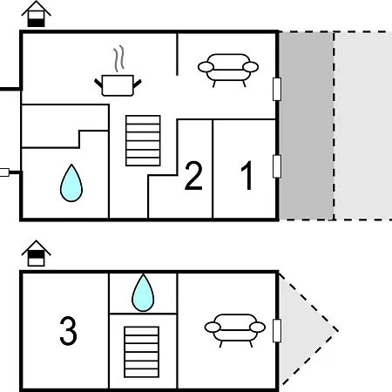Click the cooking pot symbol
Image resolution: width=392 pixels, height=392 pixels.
coord(118,85)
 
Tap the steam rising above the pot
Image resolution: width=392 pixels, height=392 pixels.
coord(118,58)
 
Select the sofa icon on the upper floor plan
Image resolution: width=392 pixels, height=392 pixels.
coord(228,71)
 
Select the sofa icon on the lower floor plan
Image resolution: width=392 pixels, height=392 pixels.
coord(235,330)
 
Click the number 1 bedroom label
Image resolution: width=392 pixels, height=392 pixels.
coord(247,175)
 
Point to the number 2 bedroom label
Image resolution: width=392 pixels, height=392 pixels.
coord(193,176)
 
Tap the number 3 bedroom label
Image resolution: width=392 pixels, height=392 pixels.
coord(68,331)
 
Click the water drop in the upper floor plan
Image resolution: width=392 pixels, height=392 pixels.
coord(71,183)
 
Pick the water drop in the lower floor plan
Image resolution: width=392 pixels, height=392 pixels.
coord(143,293)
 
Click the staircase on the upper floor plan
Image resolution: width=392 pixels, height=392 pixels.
coord(143,141)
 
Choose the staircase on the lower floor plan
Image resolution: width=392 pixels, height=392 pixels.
coord(142,352)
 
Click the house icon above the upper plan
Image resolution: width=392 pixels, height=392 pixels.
coord(37,14)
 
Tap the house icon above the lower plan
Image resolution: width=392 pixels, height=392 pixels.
coord(37,253)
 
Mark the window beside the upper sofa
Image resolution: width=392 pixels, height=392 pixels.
coord(277,89)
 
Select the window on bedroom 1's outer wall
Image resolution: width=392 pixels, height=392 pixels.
coord(277,166)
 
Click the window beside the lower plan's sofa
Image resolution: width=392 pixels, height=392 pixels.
coord(277,331)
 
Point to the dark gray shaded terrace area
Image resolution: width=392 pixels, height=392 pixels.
coord(307,125)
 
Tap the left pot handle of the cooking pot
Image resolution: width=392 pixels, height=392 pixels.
coord(98,84)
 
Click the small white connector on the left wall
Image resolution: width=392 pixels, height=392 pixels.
coord(4,172)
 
